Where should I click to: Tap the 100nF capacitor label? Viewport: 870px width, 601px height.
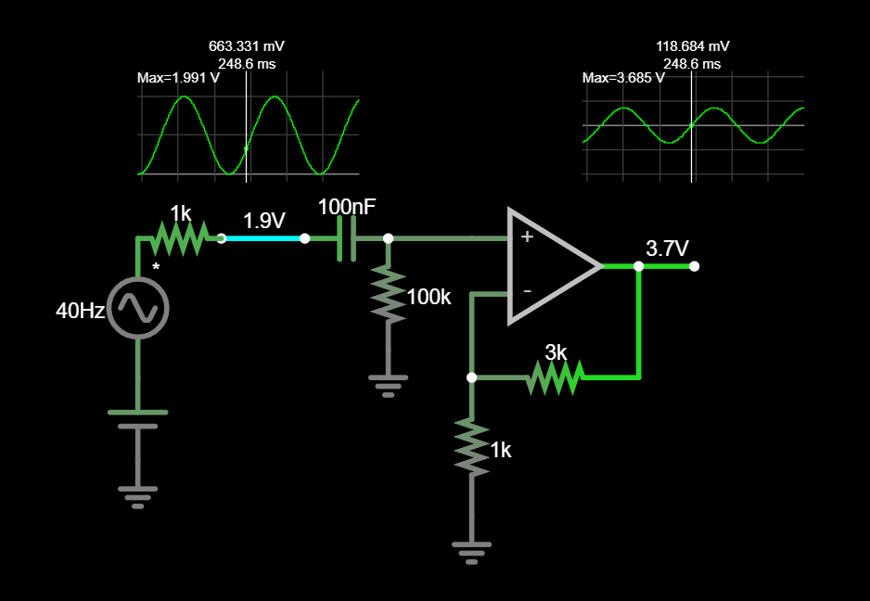[347, 207]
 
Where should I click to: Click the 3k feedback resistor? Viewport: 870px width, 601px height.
[555, 377]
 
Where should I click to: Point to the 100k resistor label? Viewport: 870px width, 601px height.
[429, 297]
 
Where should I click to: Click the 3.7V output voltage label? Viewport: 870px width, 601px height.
[668, 249]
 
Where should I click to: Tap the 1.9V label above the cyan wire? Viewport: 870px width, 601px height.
[264, 221]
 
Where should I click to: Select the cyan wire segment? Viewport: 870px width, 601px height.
[263, 238]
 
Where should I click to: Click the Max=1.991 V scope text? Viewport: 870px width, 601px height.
[178, 78]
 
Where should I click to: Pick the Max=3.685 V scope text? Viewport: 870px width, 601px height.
[623, 78]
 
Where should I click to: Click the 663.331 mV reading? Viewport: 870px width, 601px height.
[247, 45]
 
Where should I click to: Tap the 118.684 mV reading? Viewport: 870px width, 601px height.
[692, 45]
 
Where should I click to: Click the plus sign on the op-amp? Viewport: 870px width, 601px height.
[527, 237]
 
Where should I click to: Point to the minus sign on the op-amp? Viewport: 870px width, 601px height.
[527, 291]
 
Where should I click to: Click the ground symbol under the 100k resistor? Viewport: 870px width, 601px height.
[388, 384]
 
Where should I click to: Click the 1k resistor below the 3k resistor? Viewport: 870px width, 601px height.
[471, 447]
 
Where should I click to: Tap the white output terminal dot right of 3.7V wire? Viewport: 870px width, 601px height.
[695, 266]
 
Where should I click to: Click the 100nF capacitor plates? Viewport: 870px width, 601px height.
[347, 238]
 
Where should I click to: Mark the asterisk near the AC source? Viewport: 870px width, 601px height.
[156, 268]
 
